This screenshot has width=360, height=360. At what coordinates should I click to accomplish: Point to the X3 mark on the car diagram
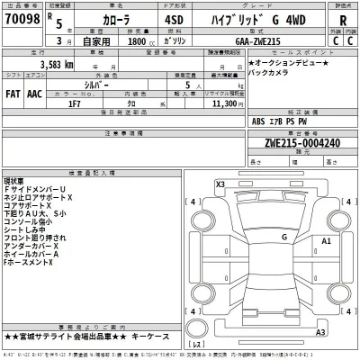[x=221, y=184]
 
